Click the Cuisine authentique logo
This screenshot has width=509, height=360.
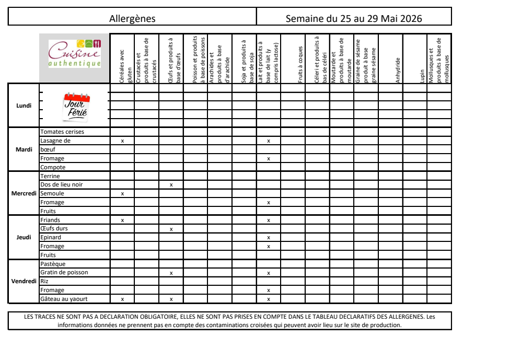click(x=75, y=54)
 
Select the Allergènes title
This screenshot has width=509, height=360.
click(x=132, y=19)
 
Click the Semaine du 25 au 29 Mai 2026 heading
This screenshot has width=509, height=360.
click(x=354, y=19)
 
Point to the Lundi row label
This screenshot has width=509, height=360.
click(x=24, y=106)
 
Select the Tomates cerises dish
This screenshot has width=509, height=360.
click(x=62, y=132)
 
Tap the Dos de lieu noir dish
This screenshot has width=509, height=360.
click(x=62, y=184)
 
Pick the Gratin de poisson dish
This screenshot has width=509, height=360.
click(x=64, y=272)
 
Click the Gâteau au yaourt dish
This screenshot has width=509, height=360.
click(x=64, y=299)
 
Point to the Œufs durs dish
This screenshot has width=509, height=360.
click(x=54, y=228)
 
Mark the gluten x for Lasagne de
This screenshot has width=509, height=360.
click(x=122, y=141)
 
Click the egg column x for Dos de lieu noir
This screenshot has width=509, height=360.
click(x=171, y=185)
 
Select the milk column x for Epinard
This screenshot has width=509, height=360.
click(x=269, y=238)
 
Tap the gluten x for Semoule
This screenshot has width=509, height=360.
click(x=122, y=194)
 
